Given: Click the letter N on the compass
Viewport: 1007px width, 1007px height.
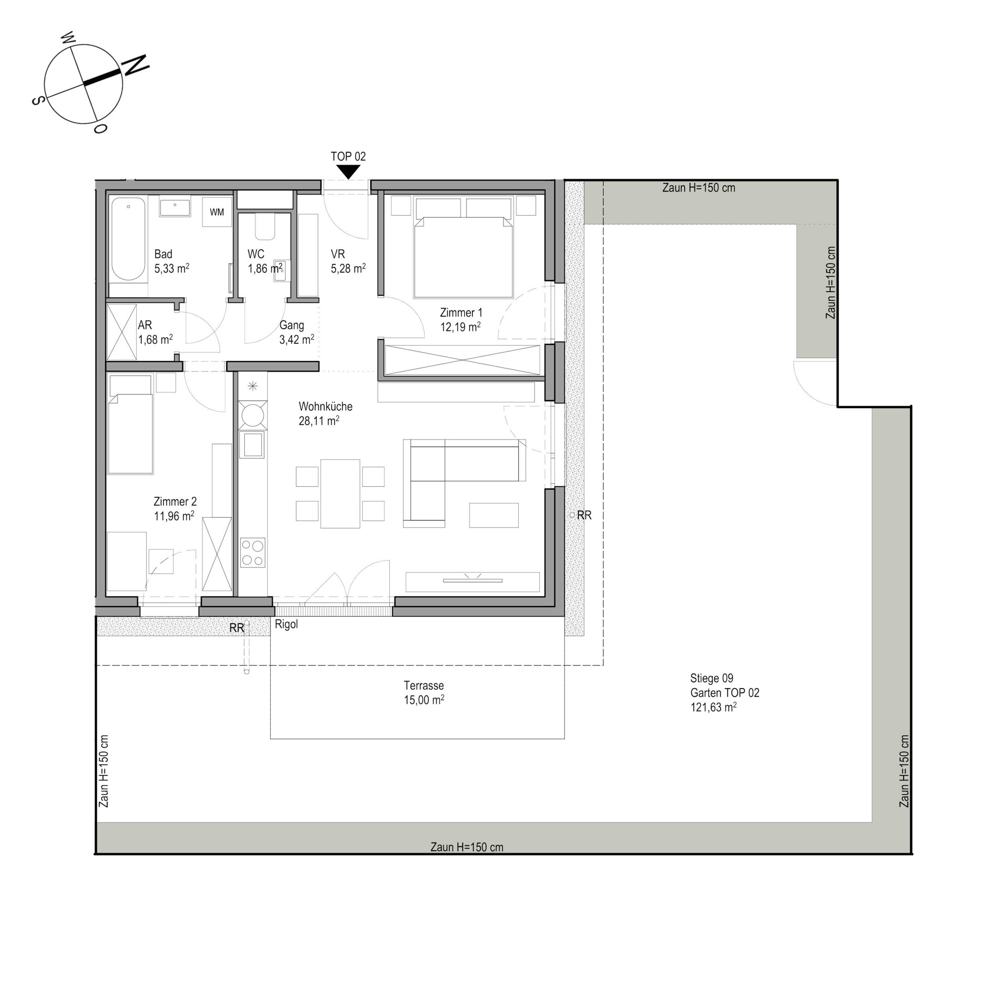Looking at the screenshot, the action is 136,65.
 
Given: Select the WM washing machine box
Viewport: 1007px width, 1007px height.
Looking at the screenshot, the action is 217,212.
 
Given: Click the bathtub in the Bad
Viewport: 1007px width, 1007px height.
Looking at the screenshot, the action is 128,239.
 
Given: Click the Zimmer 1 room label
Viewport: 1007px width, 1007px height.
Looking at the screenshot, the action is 460,313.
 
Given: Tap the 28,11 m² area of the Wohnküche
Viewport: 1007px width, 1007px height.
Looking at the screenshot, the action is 319,421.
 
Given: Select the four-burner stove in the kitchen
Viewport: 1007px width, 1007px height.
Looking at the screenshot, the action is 253,553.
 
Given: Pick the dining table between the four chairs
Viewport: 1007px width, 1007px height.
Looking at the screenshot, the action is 340,494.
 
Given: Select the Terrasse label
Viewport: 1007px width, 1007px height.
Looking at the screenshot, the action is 424,685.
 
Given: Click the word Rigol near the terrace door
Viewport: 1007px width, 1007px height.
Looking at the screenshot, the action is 286,624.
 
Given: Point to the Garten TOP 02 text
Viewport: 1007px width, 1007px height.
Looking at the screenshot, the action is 725,693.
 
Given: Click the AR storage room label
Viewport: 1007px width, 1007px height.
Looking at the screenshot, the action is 145,325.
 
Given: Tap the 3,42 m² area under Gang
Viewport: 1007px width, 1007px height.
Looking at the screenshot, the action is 297,339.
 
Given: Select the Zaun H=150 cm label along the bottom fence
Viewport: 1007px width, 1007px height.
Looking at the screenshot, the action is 467,847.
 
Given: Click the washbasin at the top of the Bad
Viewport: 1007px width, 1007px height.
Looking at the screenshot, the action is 176,208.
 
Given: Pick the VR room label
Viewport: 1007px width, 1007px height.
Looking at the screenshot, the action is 338,254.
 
